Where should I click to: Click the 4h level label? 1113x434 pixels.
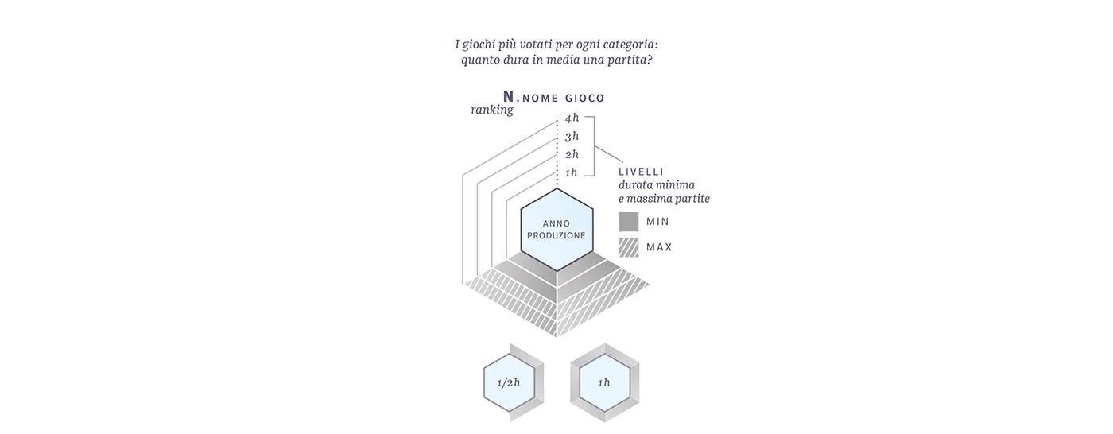[572, 118]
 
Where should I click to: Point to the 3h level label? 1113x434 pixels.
[572, 136]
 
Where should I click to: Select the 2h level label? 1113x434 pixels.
[572, 154]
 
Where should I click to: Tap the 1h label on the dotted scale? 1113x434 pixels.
[572, 172]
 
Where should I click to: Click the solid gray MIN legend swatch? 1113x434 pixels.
[629, 222]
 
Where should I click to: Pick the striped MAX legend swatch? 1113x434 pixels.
[629, 247]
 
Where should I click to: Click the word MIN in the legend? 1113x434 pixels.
[657, 222]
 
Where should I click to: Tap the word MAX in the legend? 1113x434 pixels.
[659, 247]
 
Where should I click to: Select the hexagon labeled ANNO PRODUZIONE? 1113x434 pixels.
[556, 230]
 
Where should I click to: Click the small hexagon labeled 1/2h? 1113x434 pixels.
[510, 383]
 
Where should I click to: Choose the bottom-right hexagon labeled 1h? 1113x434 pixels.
[604, 383]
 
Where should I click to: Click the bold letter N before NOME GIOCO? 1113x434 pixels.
[508, 97]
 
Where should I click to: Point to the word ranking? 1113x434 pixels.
[492, 110]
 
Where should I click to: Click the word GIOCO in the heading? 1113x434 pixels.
[585, 98]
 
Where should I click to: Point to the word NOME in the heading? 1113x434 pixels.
[540, 98]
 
